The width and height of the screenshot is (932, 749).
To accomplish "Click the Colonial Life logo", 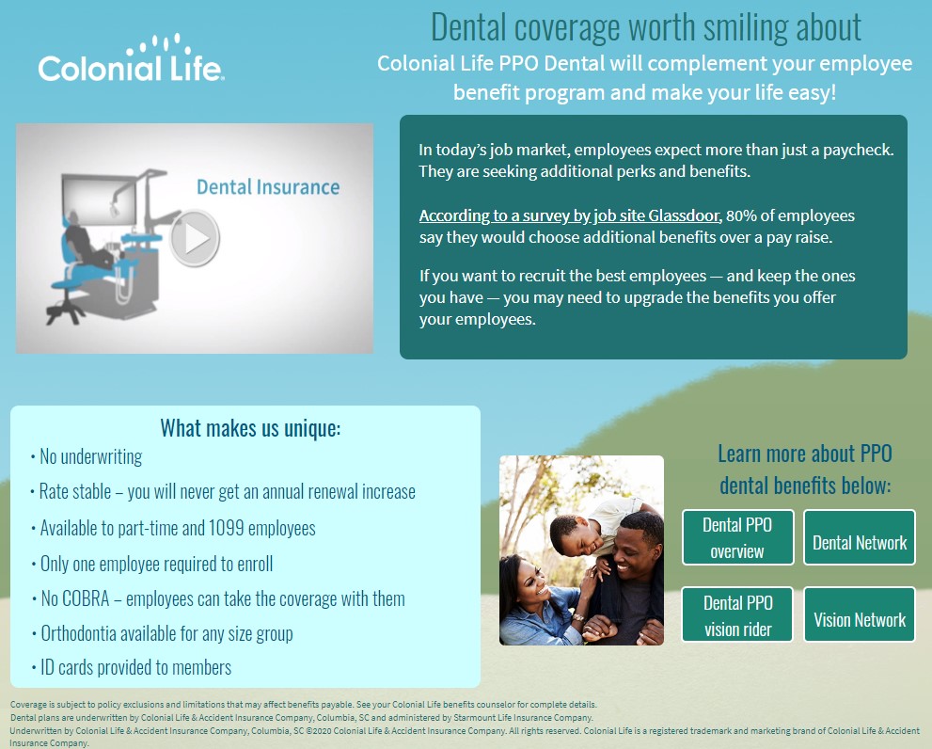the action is click(131, 58).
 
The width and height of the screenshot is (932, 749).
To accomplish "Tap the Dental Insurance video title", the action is click(268, 187).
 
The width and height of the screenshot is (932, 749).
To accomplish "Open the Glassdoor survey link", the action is click(569, 215).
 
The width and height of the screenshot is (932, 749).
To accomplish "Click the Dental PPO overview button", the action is click(737, 537).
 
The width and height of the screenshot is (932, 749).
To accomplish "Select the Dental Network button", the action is click(860, 537).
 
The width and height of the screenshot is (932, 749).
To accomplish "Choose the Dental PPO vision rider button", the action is click(737, 614).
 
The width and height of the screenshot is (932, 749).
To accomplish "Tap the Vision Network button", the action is click(860, 614).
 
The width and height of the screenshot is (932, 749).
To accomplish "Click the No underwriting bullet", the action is click(87, 457).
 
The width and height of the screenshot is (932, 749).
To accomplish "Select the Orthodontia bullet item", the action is click(162, 633).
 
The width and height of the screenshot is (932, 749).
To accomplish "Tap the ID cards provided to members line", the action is click(132, 667).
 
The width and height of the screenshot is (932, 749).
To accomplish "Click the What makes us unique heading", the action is click(250, 428).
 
